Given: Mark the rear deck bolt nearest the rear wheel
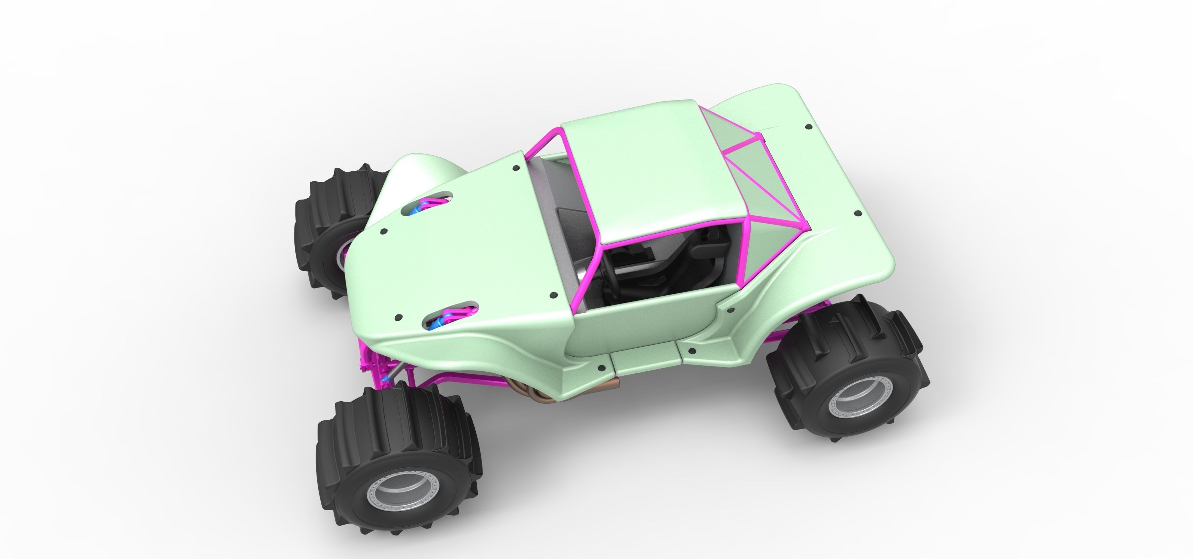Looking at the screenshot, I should point(858,214).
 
